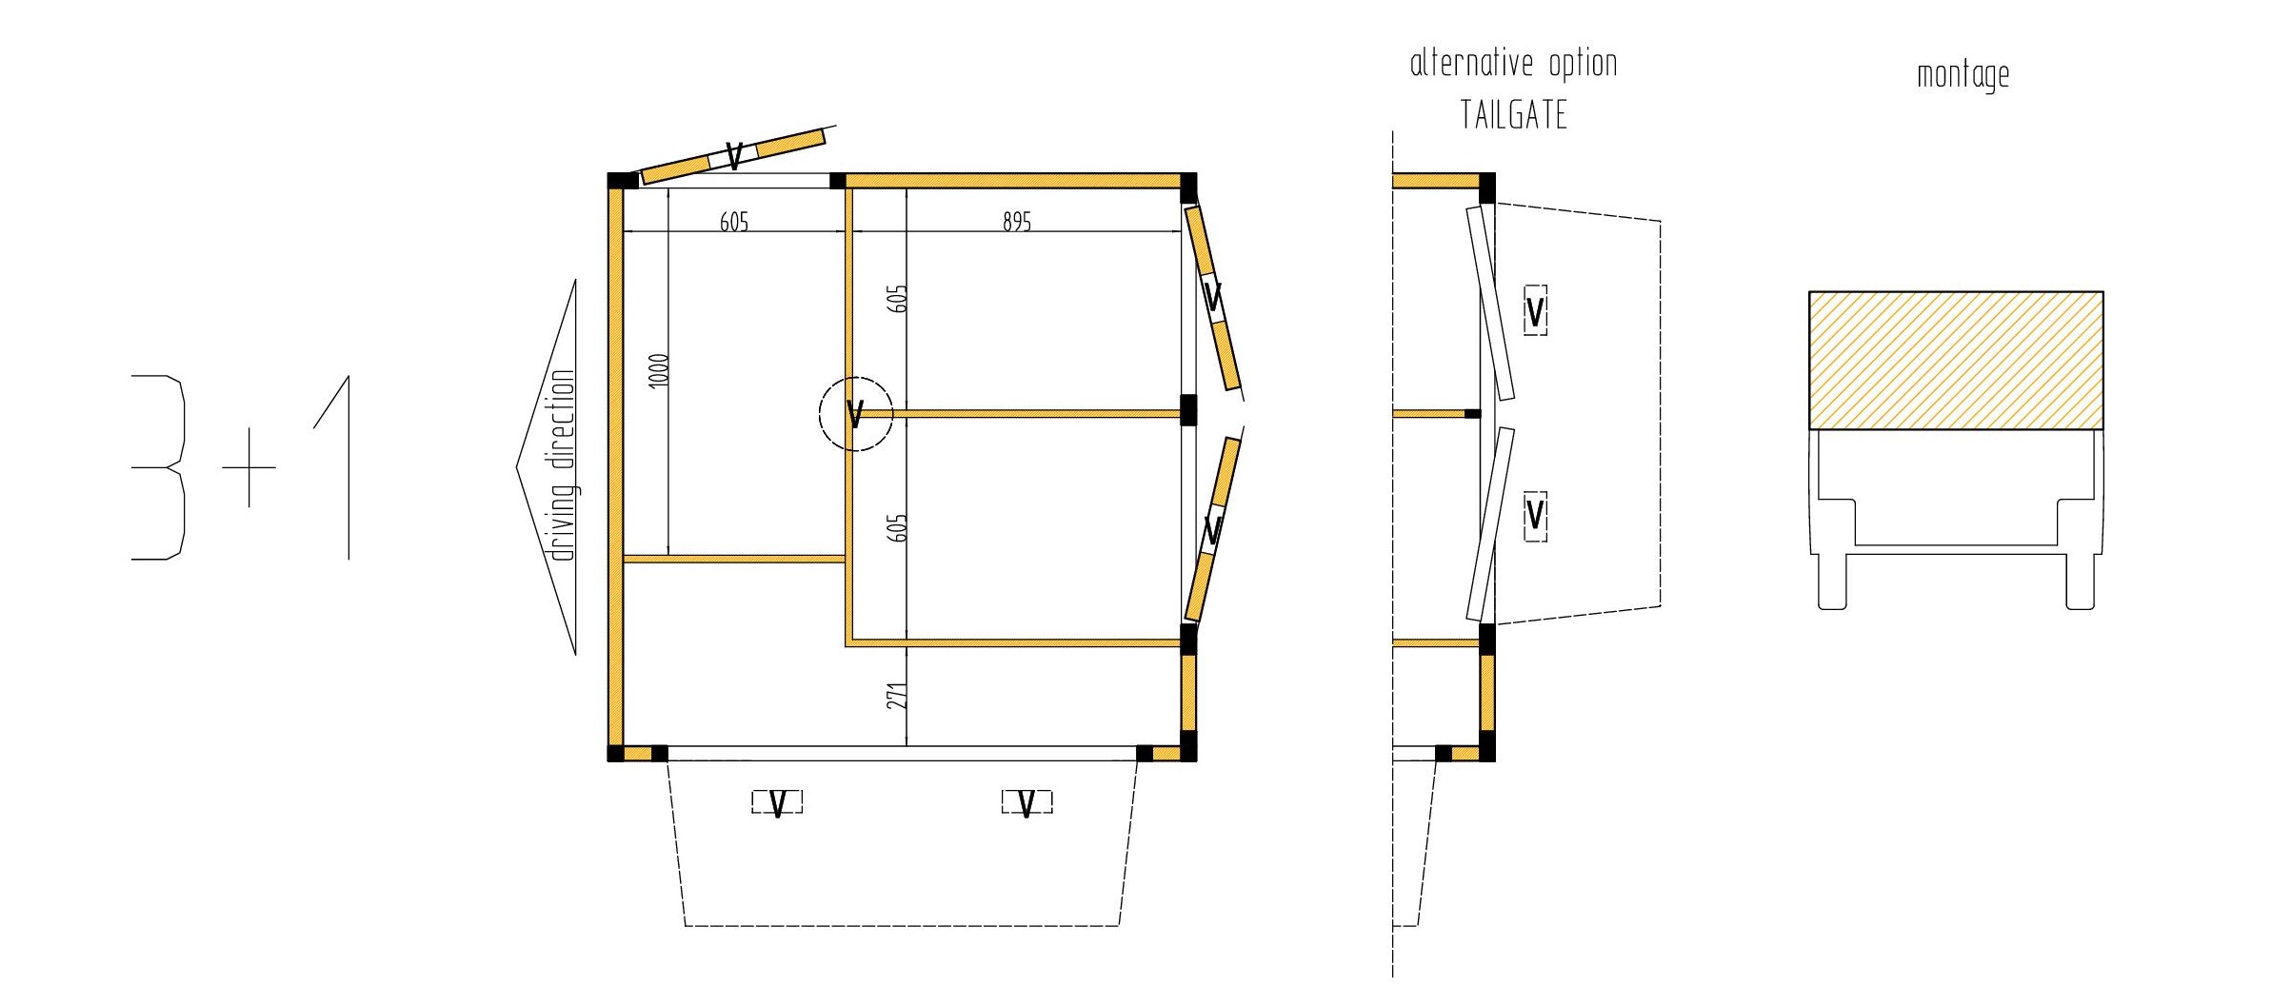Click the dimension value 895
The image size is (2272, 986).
pyautogui.click(x=1017, y=222)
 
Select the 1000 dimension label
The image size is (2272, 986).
pyautogui.click(x=659, y=369)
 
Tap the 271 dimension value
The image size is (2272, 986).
pyautogui.click(x=897, y=695)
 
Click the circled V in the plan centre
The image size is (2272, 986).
pyautogui.click(x=855, y=414)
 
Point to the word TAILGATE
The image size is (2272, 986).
pyautogui.click(x=1514, y=115)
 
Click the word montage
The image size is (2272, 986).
pyautogui.click(x=1963, y=75)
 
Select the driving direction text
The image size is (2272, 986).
pyautogui.click(x=564, y=465)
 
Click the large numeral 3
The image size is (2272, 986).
pyautogui.click(x=158, y=467)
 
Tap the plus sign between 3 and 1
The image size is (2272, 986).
pyautogui.click(x=249, y=467)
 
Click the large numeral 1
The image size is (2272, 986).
pyautogui.click(x=333, y=467)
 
